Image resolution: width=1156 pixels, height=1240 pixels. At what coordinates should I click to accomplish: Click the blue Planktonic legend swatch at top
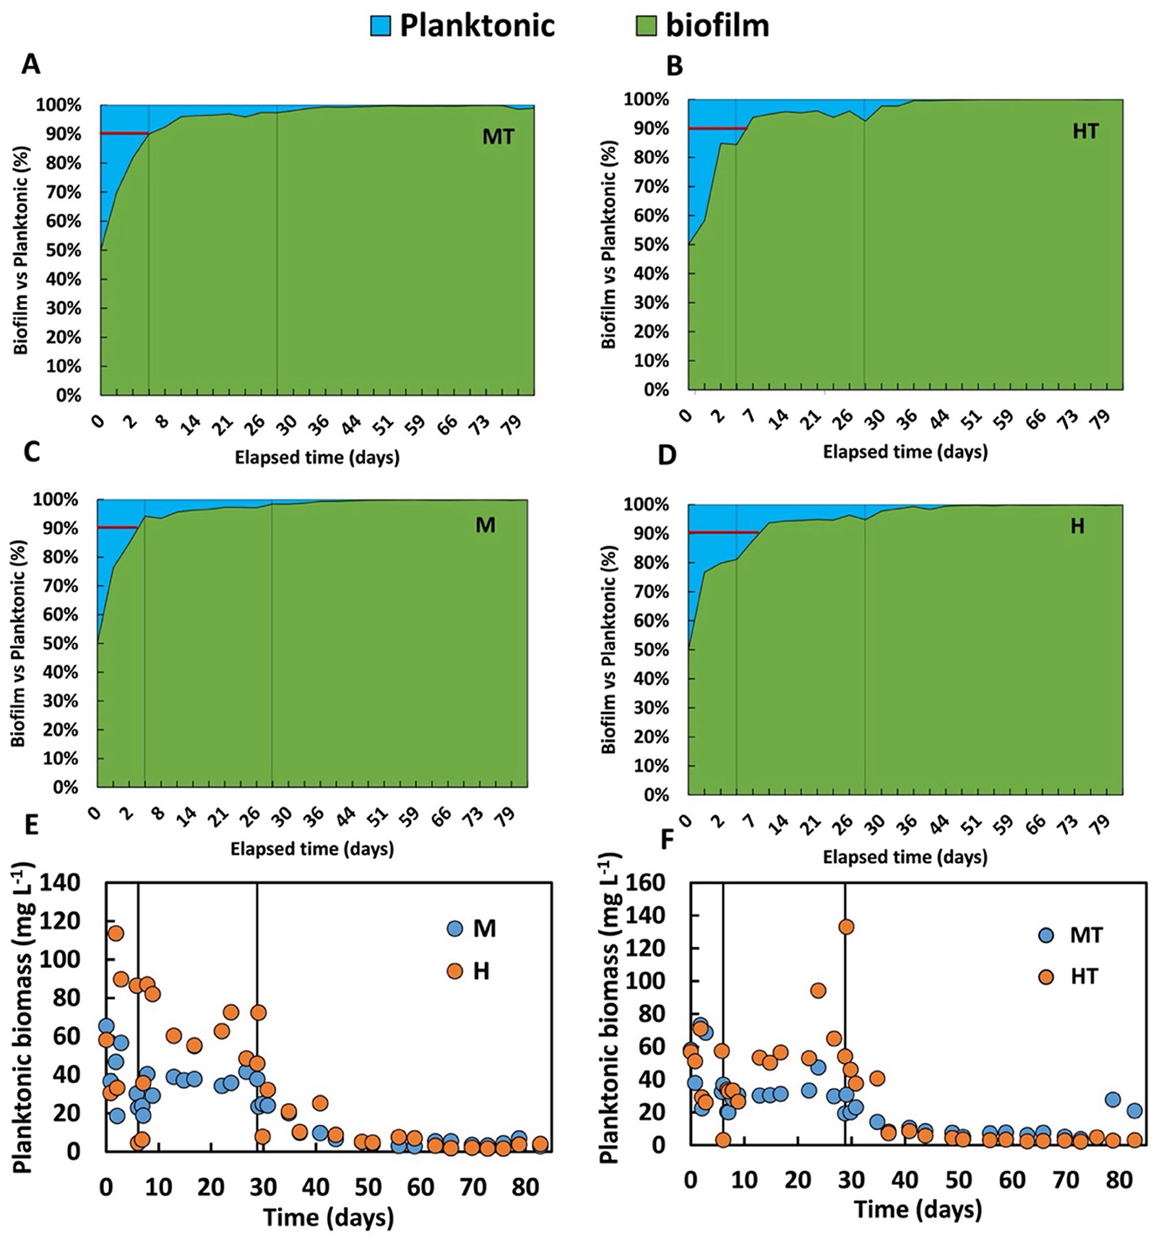[380, 26]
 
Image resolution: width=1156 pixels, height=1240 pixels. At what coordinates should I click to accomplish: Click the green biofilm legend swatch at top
[646, 26]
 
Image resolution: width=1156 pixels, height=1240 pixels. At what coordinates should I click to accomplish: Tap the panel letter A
[31, 65]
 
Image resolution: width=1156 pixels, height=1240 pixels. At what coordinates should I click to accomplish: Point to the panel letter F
[667, 839]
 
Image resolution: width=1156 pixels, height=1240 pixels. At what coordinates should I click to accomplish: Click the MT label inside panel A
[498, 137]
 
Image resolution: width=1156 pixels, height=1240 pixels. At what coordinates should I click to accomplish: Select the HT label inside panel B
[1085, 132]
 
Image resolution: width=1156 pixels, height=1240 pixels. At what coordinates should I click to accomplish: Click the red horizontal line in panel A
[124, 134]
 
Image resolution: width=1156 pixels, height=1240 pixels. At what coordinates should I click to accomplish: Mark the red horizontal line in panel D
[723, 532]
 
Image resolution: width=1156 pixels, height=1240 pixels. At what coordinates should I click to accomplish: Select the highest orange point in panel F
[845, 927]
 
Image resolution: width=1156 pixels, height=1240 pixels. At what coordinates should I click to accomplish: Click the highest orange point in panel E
[115, 933]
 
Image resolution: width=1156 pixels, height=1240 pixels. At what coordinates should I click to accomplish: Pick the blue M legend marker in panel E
[455, 928]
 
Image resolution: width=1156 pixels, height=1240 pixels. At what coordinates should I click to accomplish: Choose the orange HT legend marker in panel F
[1046, 976]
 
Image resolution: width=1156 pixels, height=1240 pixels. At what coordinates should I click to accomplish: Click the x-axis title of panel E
[328, 1216]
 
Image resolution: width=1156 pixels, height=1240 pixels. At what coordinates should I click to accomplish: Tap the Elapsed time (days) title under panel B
[905, 452]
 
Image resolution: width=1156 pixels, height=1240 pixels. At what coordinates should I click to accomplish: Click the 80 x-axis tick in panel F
[1119, 1181]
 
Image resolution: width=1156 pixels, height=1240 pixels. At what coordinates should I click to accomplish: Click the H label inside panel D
[1077, 526]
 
